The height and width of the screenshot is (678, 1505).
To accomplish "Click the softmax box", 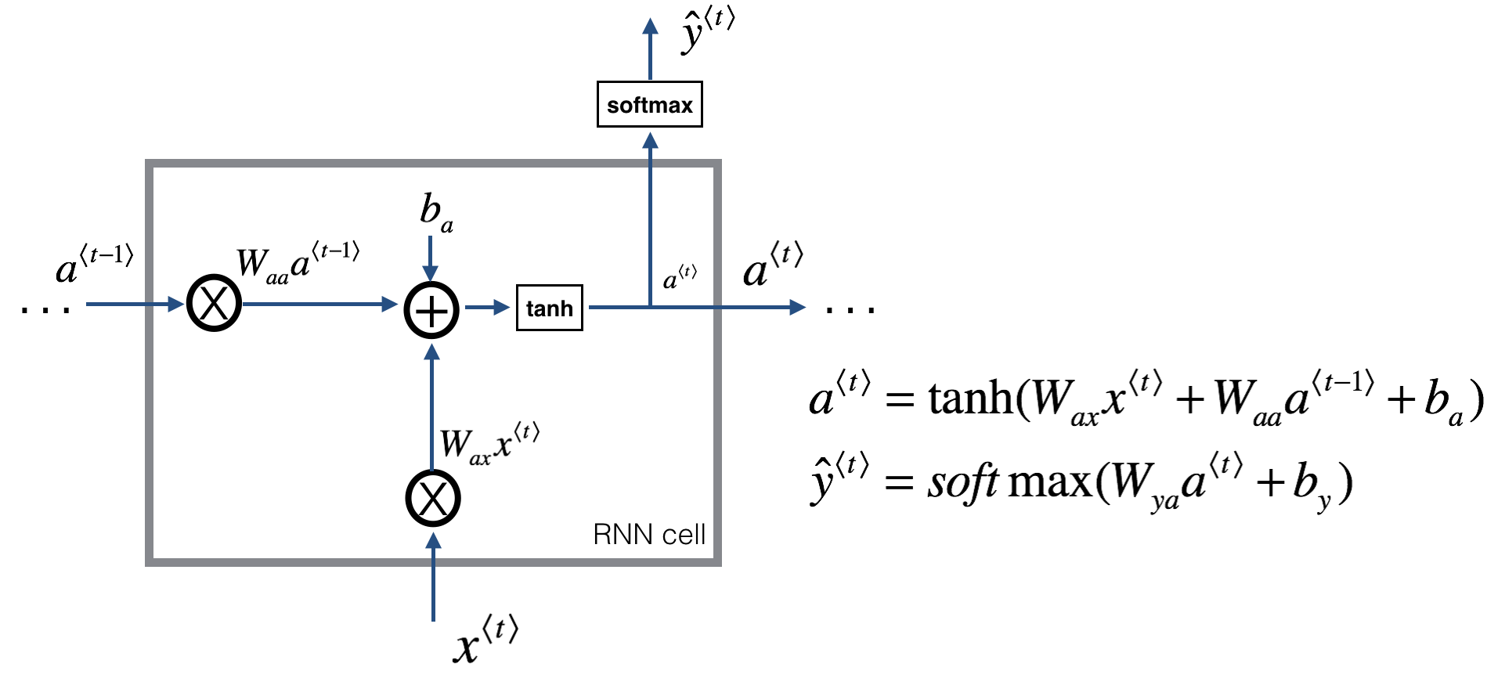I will (x=649, y=104).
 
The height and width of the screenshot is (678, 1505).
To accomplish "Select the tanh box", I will (x=549, y=308).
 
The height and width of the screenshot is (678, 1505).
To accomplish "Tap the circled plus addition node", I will (x=431, y=310).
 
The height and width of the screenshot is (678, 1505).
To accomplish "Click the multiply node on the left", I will (x=214, y=304).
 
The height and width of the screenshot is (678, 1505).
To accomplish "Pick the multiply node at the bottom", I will (x=432, y=499).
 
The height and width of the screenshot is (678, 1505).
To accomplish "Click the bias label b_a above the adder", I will (x=435, y=212).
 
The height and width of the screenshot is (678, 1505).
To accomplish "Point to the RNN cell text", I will (x=648, y=534).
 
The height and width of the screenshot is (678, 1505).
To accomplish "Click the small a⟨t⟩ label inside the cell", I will (x=679, y=277).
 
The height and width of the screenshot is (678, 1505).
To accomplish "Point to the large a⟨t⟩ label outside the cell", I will (x=772, y=266).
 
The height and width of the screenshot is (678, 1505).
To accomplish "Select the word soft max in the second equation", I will (x=1010, y=481).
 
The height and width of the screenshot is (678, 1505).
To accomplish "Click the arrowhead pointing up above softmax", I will (x=650, y=27).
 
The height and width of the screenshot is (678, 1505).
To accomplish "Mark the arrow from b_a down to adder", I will (x=430, y=258).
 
